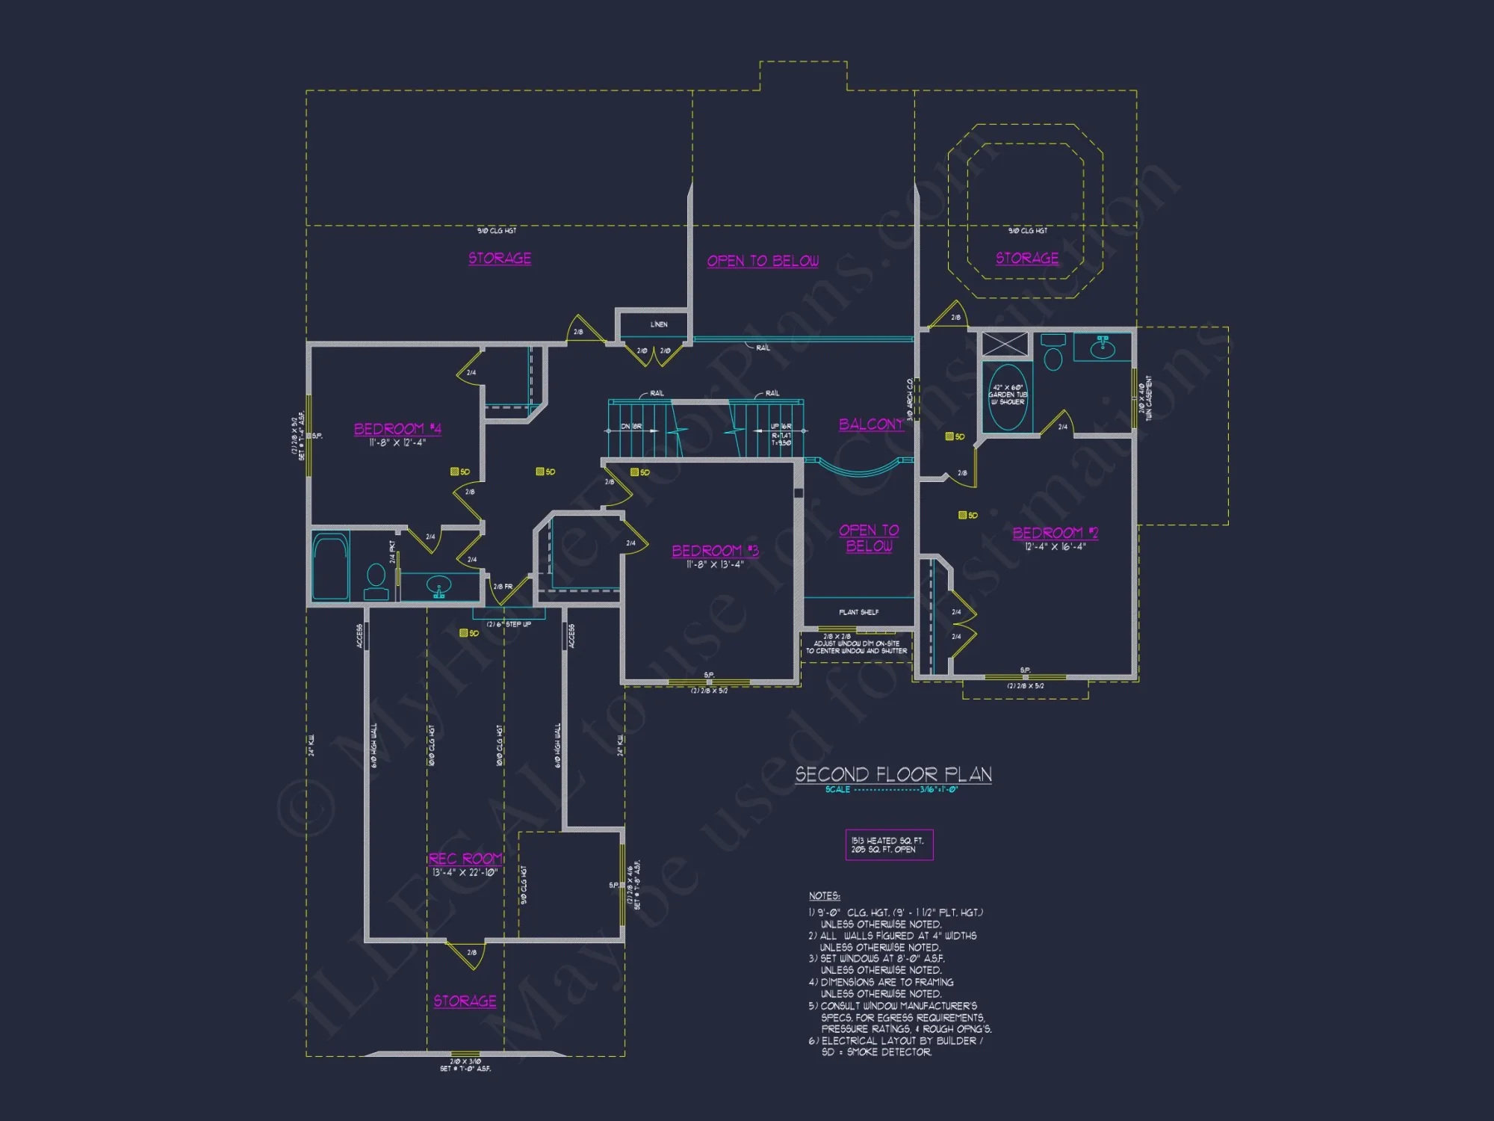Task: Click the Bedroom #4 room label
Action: click(x=397, y=429)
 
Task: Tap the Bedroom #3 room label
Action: click(x=715, y=551)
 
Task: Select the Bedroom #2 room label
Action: click(x=1055, y=533)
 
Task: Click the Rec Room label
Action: click(x=465, y=859)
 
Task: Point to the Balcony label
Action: click(x=871, y=424)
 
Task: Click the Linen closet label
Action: click(x=659, y=324)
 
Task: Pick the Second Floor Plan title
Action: click(x=893, y=774)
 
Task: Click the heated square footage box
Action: click(x=889, y=845)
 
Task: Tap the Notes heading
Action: click(x=824, y=896)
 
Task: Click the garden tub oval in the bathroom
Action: click(x=1007, y=397)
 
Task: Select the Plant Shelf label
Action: click(x=858, y=613)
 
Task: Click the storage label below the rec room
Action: click(x=465, y=1001)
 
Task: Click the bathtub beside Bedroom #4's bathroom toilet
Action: click(x=330, y=566)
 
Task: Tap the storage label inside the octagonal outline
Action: click(x=1027, y=258)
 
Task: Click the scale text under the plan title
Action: click(x=891, y=790)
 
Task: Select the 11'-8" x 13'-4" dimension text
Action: click(x=715, y=565)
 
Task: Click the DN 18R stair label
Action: click(x=631, y=427)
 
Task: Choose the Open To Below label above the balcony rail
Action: click(x=763, y=261)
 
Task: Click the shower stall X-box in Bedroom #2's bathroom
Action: click(x=1005, y=344)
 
